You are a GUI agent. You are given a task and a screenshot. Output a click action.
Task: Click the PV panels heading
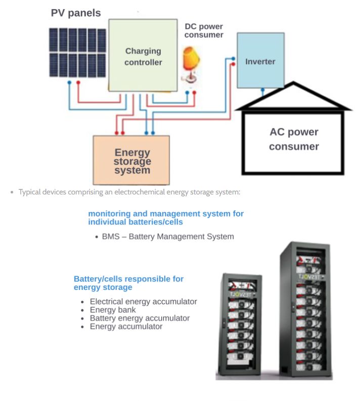coord(76,13)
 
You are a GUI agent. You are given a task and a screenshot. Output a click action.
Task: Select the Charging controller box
coord(143,56)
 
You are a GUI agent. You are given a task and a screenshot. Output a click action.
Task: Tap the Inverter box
coord(260,61)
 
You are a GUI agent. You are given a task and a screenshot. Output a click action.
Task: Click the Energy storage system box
coord(131,160)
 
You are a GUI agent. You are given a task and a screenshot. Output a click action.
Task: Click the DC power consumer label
coord(203,31)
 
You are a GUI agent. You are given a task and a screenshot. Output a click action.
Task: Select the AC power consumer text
coord(294,139)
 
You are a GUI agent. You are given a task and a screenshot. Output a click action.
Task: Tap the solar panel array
coord(77,53)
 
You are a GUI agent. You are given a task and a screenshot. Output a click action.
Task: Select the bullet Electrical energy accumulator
coord(143,302)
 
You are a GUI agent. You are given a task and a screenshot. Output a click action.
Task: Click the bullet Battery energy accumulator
coord(140,318)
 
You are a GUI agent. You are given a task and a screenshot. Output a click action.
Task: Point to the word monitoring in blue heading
coord(108,214)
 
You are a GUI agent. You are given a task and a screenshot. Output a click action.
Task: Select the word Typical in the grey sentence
coord(30,192)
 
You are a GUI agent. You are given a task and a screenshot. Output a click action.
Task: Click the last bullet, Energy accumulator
coord(126,327)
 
